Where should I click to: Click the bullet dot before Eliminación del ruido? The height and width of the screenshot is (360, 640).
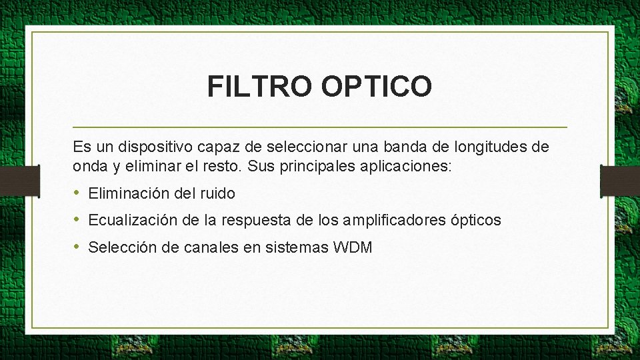(77, 193)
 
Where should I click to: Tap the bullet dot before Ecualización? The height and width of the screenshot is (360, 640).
(77, 220)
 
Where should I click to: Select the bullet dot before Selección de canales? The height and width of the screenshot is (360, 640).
(77, 247)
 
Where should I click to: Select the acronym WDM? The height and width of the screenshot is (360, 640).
(353, 247)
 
